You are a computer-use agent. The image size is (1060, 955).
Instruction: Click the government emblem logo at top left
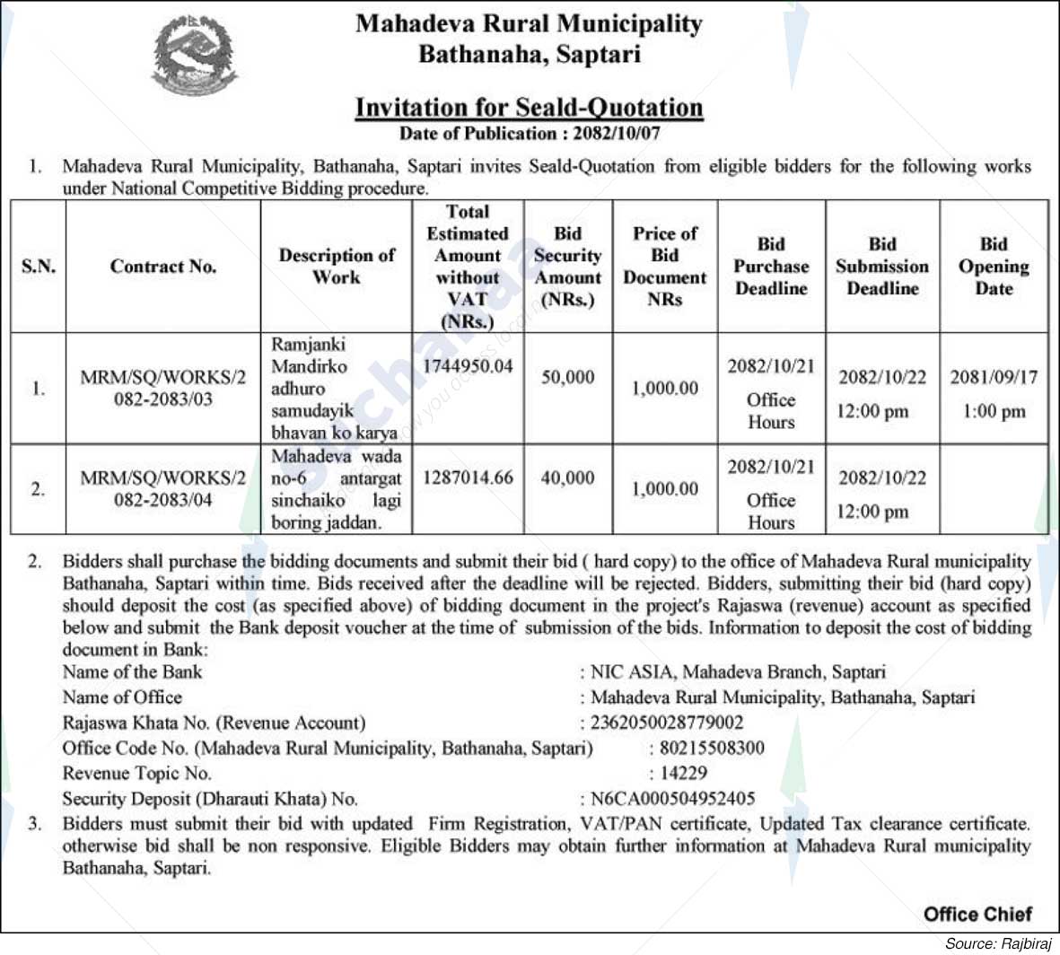194,56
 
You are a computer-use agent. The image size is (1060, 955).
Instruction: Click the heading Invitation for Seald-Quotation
529,108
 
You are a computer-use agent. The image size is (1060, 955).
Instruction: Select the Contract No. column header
163,267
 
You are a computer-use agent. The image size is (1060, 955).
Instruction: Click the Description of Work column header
337,267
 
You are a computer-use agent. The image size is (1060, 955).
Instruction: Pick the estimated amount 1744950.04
468,366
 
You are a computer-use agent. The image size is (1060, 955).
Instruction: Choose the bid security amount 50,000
567,377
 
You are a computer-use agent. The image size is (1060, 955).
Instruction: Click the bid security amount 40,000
567,478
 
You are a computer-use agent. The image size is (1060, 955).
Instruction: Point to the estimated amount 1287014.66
468,478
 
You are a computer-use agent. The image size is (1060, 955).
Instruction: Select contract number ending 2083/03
163,389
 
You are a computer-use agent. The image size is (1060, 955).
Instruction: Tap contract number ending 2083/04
163,489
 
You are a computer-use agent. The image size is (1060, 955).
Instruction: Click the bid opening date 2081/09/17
994,377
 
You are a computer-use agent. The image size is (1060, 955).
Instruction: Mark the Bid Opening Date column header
994,267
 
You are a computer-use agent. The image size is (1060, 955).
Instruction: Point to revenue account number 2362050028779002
667,723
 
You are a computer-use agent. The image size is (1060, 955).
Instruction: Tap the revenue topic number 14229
683,773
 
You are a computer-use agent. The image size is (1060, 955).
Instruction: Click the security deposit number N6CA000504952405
672,798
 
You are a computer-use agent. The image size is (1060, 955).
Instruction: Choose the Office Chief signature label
977,915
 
